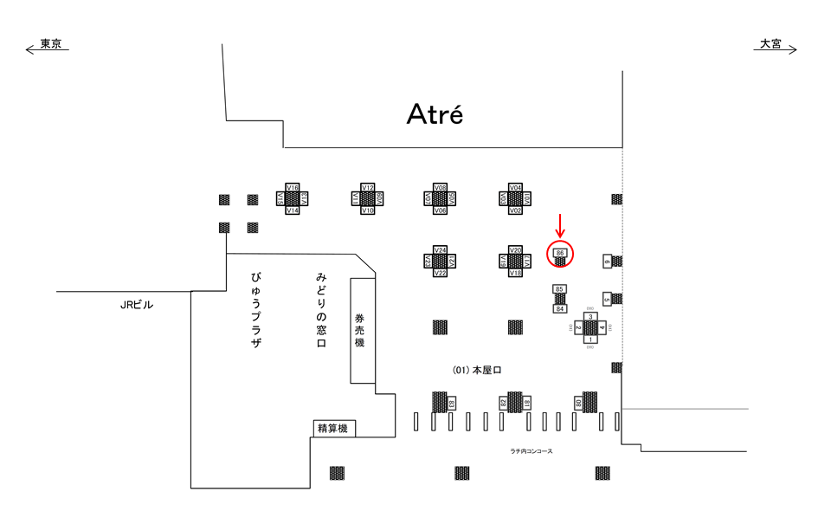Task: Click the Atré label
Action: (435, 114)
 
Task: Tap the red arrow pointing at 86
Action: (560, 225)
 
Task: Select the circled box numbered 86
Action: (560, 252)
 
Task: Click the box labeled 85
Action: (560, 288)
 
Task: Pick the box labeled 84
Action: (560, 308)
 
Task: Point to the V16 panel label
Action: (293, 188)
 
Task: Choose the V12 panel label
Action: (367, 188)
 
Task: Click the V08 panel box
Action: (441, 188)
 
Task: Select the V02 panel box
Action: (515, 210)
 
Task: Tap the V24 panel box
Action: (441, 250)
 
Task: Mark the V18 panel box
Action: (515, 273)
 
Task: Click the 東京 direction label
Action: (50, 44)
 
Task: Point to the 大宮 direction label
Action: (770, 44)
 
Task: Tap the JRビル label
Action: (137, 304)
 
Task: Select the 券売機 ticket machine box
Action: (363, 330)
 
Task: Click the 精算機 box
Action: (333, 428)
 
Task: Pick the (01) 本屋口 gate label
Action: (477, 370)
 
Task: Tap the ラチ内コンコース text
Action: (531, 451)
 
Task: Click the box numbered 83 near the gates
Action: (452, 403)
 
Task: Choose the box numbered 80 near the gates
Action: (577, 403)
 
